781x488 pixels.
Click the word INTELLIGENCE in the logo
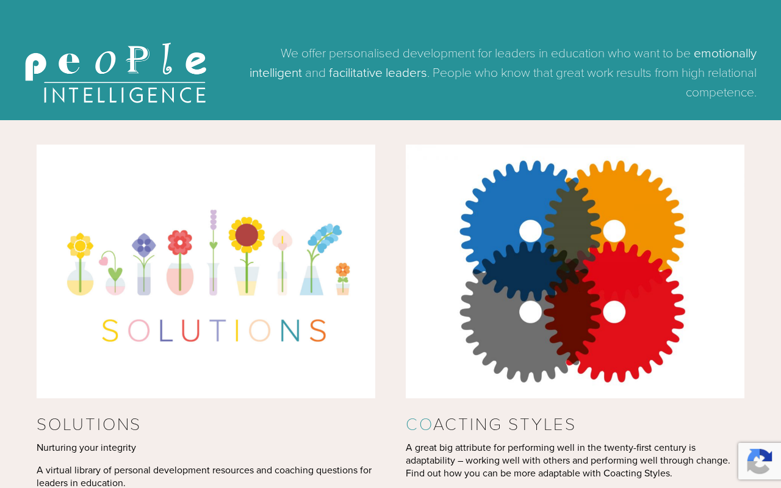tap(125, 95)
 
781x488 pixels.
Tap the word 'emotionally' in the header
tap(725, 54)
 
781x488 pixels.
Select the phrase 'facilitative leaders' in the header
tap(378, 73)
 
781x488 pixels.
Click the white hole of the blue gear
tap(530, 231)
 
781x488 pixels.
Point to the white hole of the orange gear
tap(614, 231)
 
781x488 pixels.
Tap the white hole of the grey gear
tap(530, 312)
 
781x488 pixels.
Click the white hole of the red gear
tap(614, 312)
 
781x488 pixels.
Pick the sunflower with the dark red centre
tap(247, 235)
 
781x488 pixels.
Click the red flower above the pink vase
tap(180, 242)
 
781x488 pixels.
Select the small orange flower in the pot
tap(343, 270)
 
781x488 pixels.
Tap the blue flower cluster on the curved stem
tap(325, 238)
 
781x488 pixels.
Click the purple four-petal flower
tap(143, 245)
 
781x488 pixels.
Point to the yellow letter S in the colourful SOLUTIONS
tap(110, 331)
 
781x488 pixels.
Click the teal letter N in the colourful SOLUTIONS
tap(290, 331)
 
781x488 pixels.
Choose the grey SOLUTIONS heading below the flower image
tap(88, 425)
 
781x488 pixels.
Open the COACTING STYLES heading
tap(490, 425)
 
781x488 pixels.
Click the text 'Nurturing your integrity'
tap(86, 448)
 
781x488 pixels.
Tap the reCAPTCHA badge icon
tap(760, 461)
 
